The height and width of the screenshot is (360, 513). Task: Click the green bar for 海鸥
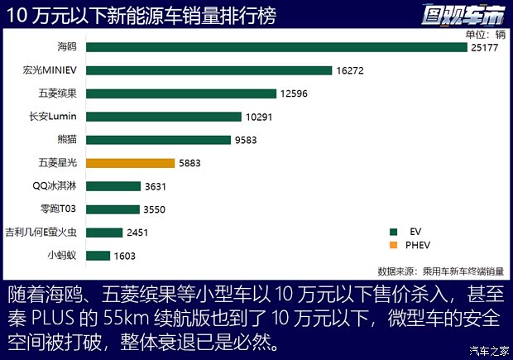click(x=276, y=47)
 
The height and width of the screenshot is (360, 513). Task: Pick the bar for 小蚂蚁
click(x=98, y=256)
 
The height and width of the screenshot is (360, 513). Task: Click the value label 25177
click(x=486, y=47)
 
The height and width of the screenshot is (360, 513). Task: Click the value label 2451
click(x=137, y=233)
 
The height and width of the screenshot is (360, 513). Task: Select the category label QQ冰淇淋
click(x=56, y=186)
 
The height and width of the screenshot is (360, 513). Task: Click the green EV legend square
click(x=394, y=230)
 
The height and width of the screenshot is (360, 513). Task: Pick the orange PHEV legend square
click(x=394, y=246)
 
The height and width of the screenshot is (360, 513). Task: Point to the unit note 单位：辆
click(x=485, y=34)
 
